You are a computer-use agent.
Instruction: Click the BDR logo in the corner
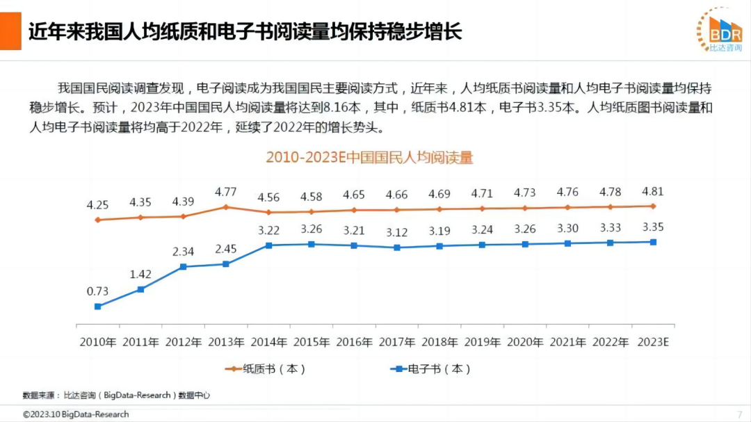coord(719,30)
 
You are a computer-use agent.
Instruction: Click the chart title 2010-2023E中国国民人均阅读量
coord(369,158)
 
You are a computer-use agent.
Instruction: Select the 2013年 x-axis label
coord(226,342)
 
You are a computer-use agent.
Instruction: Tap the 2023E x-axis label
coord(652,342)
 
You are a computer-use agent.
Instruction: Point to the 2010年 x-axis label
coord(98,342)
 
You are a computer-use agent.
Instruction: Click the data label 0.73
coord(97,291)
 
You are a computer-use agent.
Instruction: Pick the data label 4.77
coord(226,191)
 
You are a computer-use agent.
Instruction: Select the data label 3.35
coord(652,227)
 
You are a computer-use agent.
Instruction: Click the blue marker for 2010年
coord(98,307)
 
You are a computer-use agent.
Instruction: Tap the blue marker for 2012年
coord(183,266)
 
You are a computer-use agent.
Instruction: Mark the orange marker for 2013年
coord(226,207)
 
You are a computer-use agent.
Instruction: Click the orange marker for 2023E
coord(652,206)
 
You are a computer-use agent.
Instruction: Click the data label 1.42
coord(140,274)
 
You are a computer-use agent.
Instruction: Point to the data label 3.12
coord(396,232)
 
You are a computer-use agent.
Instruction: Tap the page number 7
coord(739,414)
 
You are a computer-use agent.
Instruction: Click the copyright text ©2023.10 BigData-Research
coord(76,414)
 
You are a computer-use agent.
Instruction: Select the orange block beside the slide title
coord(10,31)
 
